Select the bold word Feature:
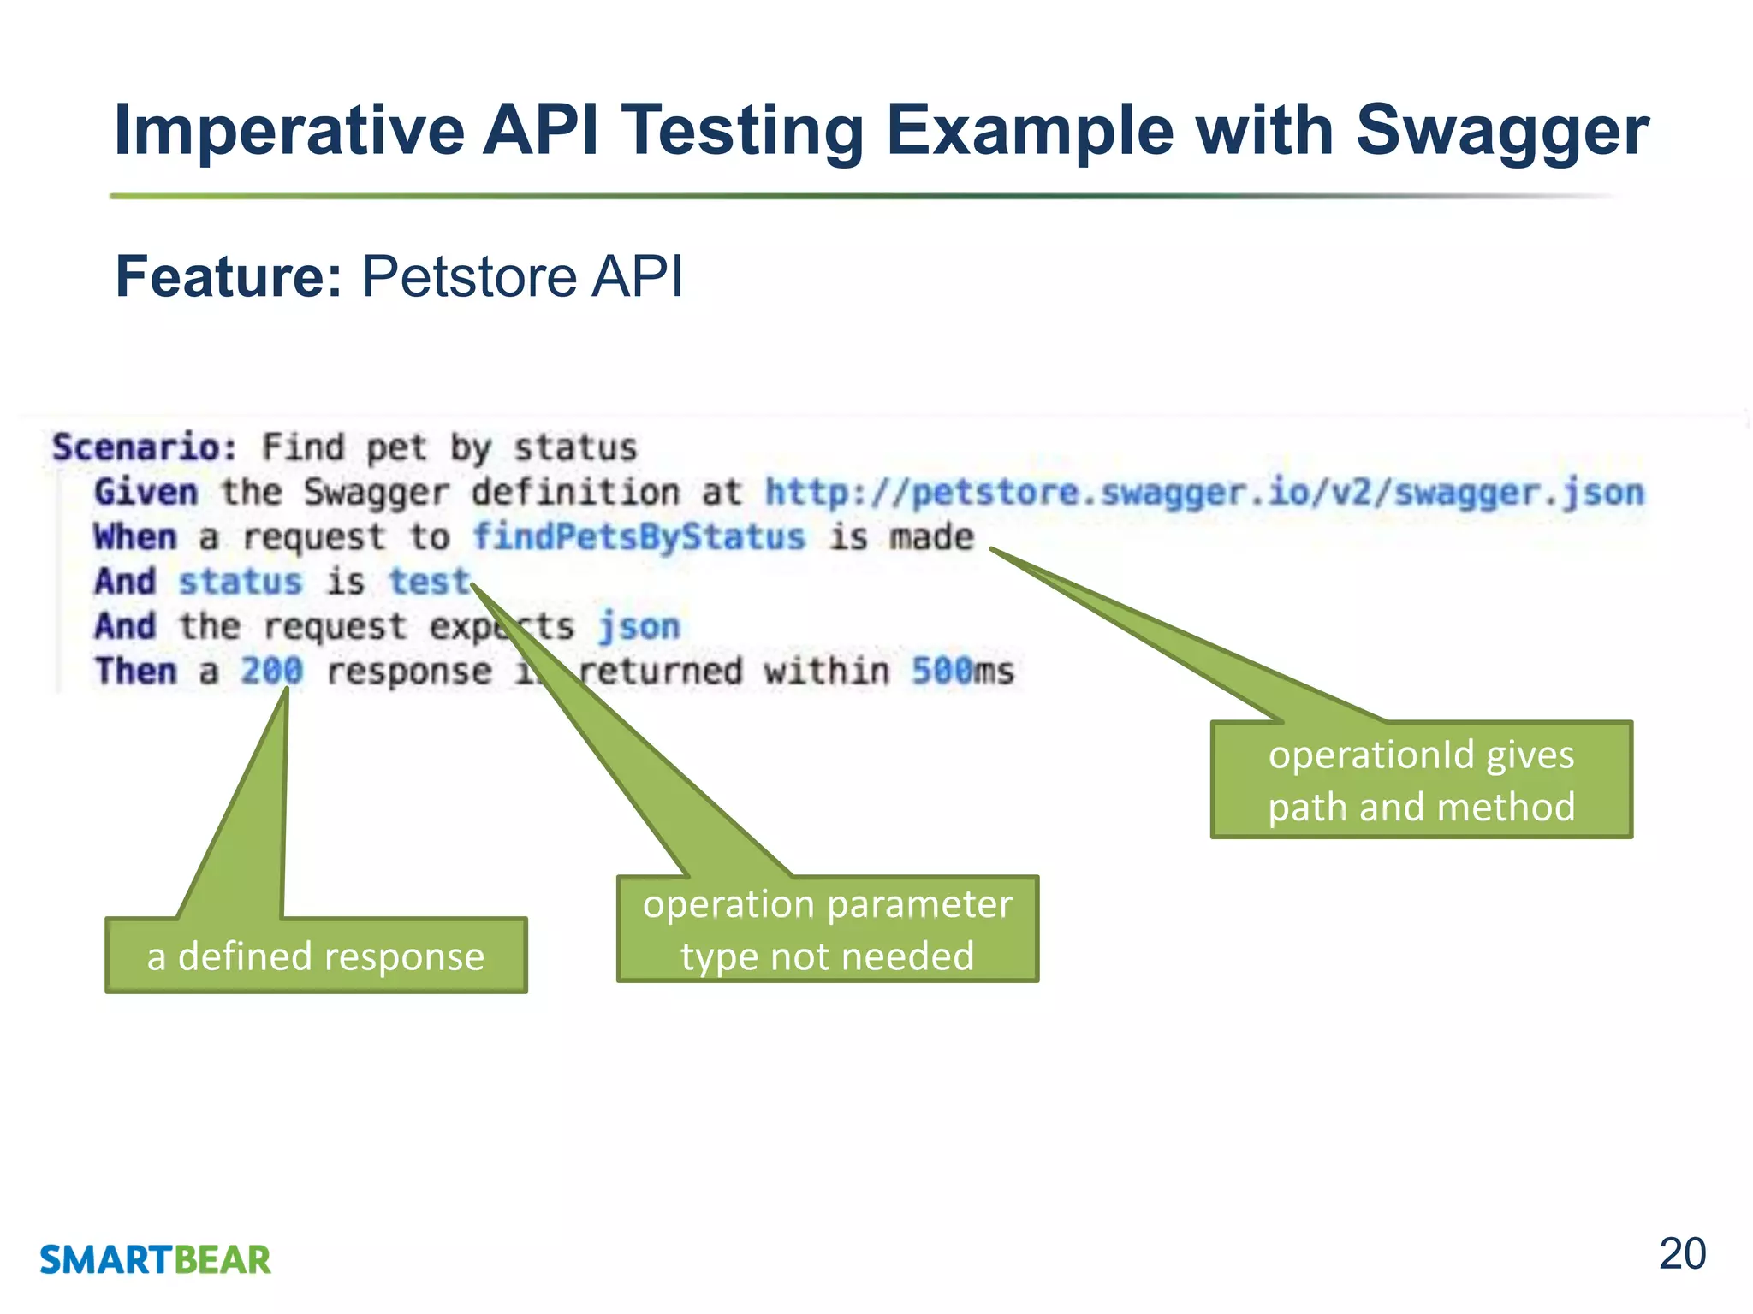(229, 276)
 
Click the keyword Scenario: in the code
(144, 447)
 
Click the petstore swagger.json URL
(1203, 493)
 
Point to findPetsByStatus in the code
(639, 537)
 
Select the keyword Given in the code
(146, 493)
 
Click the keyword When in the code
(135, 537)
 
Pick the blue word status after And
(240, 582)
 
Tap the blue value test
(430, 582)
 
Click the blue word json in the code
(639, 626)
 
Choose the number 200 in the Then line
(271, 671)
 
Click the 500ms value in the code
(962, 671)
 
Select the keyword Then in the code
(135, 671)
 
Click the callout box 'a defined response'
(316, 956)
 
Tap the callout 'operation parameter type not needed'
(827, 929)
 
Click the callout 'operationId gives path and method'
(1421, 779)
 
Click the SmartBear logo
(155, 1259)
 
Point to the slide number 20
(1682, 1254)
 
